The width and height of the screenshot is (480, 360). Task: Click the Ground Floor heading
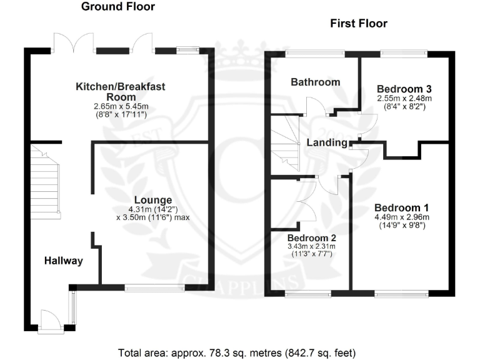pyautogui.click(x=118, y=7)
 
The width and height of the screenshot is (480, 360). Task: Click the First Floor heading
pyautogui.click(x=359, y=24)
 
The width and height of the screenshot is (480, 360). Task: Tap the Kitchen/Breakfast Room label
pyautogui.click(x=121, y=92)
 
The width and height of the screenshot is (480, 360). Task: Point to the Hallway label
pyautogui.click(x=64, y=261)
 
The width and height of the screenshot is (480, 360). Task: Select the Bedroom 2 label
pyautogui.click(x=312, y=238)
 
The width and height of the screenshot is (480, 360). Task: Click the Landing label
pyautogui.click(x=327, y=143)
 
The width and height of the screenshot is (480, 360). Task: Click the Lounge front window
pyautogui.click(x=154, y=287)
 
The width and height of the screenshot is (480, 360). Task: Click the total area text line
pyautogui.click(x=239, y=351)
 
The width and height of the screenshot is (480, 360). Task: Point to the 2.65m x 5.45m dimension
pyautogui.click(x=121, y=107)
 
